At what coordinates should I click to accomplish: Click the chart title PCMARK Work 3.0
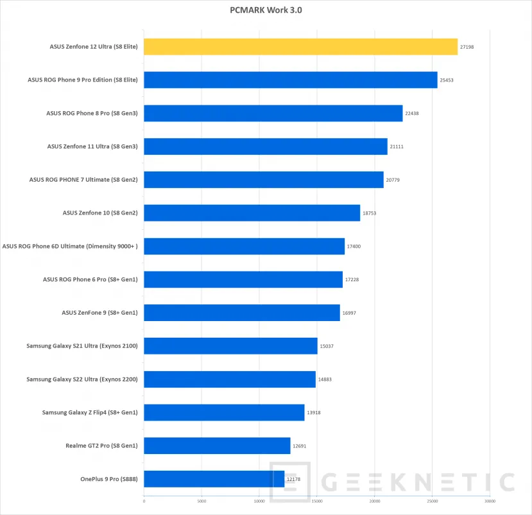pyautogui.click(x=266, y=10)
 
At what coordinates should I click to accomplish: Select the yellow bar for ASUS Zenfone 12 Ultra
pyautogui.click(x=300, y=47)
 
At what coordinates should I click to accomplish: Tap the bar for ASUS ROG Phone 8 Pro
pyautogui.click(x=273, y=113)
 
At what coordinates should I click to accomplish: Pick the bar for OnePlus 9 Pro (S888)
pyautogui.click(x=214, y=479)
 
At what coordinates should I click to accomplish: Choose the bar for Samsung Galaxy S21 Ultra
pyautogui.click(x=230, y=346)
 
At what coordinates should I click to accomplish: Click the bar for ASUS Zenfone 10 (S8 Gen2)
pyautogui.click(x=252, y=213)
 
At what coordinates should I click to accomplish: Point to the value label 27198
pyautogui.click(x=467, y=47)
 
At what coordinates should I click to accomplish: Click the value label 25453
pyautogui.click(x=447, y=80)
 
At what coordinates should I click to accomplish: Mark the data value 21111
pyautogui.click(x=397, y=146)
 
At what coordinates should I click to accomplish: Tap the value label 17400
pyautogui.click(x=354, y=246)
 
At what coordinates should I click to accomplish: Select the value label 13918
pyautogui.click(x=314, y=412)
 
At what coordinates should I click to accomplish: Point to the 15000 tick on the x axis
pyautogui.click(x=317, y=501)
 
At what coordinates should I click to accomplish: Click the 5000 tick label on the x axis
pyautogui.click(x=202, y=501)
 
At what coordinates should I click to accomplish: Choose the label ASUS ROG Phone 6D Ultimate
pyautogui.click(x=70, y=246)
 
